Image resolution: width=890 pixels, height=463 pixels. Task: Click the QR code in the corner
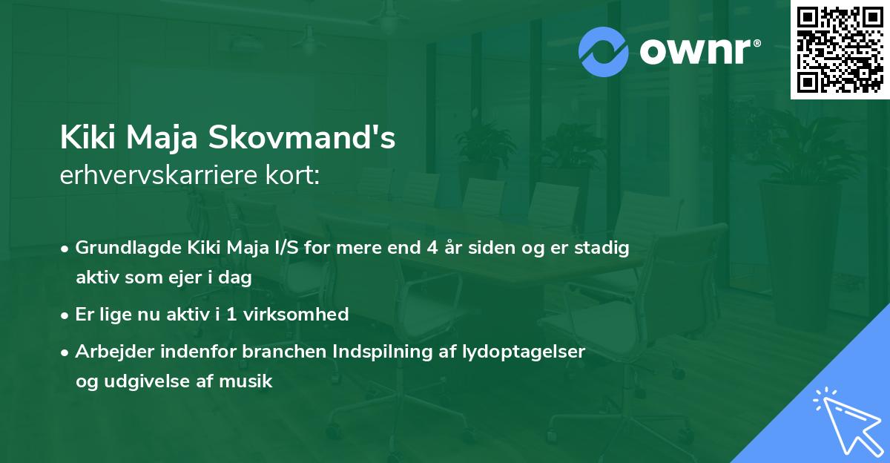click(x=840, y=49)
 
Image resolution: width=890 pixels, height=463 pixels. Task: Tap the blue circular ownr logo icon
click(x=603, y=52)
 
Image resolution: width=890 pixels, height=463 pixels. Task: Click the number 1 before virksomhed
click(x=231, y=315)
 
